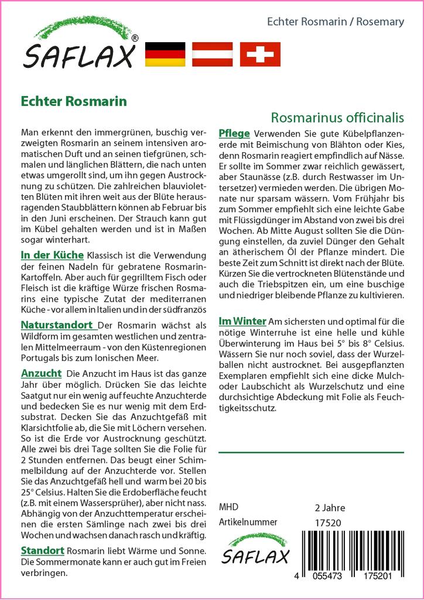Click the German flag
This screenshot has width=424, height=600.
tap(164, 54)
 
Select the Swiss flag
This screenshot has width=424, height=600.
tap(260, 54)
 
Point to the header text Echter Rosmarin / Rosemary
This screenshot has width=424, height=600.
tap(335, 22)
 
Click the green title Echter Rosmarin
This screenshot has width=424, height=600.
tap(73, 101)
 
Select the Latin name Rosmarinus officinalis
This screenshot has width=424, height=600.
tap(338, 117)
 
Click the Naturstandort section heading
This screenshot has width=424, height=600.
tap(56, 325)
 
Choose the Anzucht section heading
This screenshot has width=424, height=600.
tap(41, 373)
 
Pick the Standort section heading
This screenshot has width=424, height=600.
tap(43, 550)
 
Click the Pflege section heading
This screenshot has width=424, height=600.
tap(234, 132)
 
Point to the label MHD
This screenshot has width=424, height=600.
tap(228, 507)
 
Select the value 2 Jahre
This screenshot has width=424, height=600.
tap(330, 507)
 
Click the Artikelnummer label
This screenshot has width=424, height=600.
tap(248, 521)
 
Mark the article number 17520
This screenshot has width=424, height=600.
tap(327, 522)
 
